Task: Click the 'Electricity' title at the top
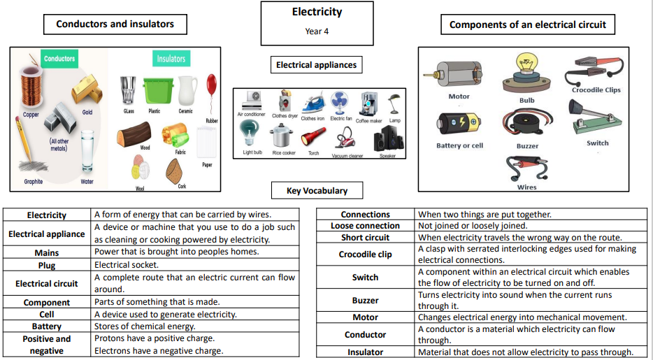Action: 317,12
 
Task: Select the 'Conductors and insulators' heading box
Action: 115,24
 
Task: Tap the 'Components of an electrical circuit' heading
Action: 528,24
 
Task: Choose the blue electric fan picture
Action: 340,103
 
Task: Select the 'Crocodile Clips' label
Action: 596,89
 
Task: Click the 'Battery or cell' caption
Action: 459,145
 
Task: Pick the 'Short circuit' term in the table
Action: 365,237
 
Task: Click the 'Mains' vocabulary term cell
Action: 47,252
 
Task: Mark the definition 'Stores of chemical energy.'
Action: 145,326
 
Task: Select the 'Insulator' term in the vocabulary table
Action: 365,352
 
